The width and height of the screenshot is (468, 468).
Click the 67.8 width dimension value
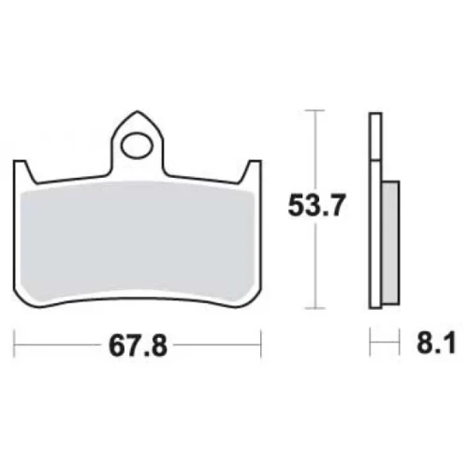pos(138,346)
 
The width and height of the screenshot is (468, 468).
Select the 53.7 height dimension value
pos(316,206)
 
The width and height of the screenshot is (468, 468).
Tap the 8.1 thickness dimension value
pos(436,344)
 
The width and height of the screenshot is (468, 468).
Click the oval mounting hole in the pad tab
pos(138,146)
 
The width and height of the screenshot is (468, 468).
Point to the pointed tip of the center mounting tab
pos(138,110)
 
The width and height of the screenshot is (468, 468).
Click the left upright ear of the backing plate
pos(23,171)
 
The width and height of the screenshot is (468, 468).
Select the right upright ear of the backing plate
pos(251,171)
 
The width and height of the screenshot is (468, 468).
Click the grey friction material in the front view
pos(138,241)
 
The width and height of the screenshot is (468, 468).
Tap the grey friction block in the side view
pos(390,242)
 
